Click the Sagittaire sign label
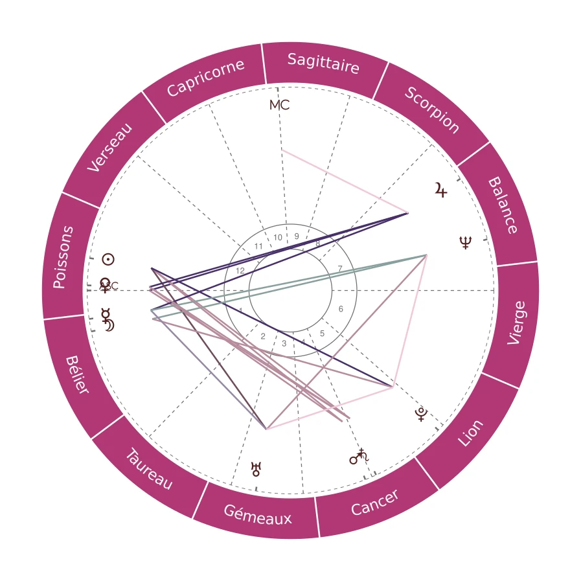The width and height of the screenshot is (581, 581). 323,63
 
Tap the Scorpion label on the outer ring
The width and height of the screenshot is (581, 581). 432,110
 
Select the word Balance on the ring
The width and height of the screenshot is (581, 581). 502,205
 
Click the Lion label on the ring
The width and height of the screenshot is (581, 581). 471,433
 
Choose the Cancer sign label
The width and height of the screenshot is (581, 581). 375,503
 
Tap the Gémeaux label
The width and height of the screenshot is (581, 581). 258,515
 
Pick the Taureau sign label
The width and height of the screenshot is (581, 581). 148,469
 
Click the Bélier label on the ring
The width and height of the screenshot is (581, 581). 77,374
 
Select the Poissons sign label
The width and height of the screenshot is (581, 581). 63,257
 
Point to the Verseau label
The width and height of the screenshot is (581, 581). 110,148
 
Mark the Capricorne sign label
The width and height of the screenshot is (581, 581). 205,78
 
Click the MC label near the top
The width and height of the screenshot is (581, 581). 279,105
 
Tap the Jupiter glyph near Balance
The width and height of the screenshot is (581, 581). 441,190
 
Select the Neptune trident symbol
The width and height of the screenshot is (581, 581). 466,243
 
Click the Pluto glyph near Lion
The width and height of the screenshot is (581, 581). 422,415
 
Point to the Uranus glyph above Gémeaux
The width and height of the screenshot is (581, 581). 256,469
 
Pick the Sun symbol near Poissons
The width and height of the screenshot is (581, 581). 108,260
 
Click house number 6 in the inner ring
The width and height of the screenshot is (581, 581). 341,309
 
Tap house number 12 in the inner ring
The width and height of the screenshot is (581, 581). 240,271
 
